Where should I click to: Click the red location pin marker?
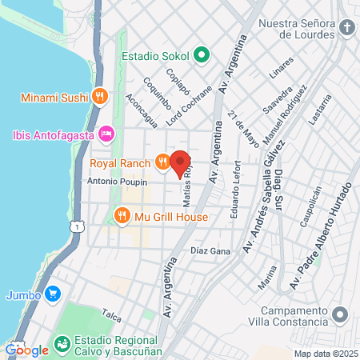(180, 160)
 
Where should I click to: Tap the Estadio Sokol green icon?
(202, 56)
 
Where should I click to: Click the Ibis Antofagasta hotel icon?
(105, 133)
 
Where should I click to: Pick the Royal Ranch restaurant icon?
(163, 163)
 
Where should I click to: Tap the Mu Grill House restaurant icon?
(122, 215)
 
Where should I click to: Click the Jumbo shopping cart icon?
(53, 294)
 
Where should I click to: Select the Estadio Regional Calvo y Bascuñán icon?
(62, 345)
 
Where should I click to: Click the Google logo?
(26, 350)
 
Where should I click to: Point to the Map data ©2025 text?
(325, 354)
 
